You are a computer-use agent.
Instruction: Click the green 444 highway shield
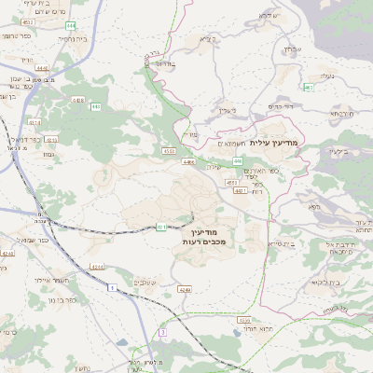coord(72,26)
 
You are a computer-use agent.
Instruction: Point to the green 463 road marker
coord(308,87)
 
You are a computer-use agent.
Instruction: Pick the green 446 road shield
coord(238,161)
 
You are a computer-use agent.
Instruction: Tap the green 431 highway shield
coord(162,227)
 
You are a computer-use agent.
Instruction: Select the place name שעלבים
coord(145,282)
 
